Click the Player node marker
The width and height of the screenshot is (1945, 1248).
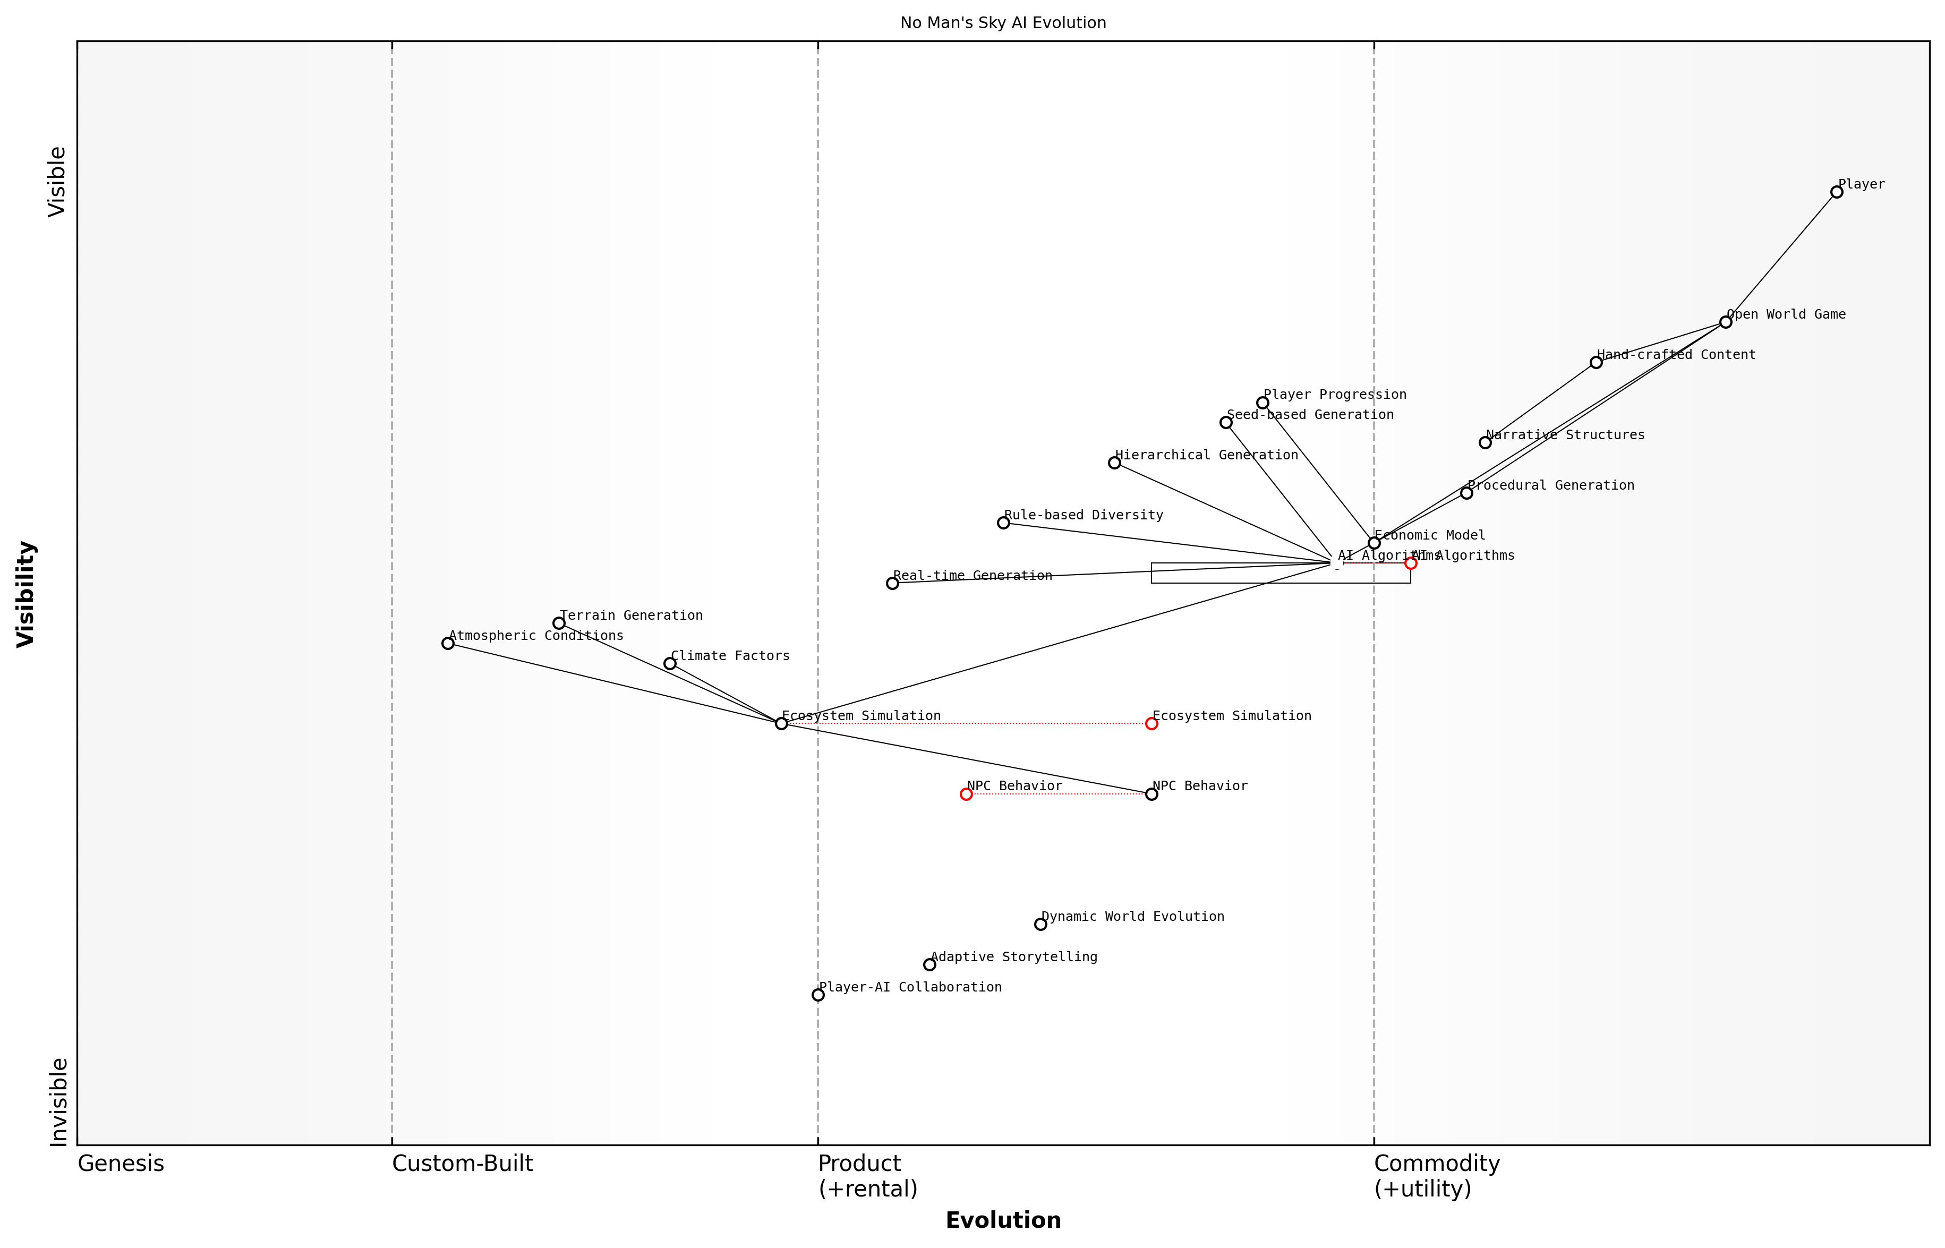pos(1837,192)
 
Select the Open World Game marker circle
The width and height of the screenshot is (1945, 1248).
pos(1725,322)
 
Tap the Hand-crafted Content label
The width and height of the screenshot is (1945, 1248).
pos(1676,355)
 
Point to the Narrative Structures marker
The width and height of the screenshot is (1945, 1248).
pos(1485,442)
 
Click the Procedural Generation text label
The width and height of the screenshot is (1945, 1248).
pos(1550,485)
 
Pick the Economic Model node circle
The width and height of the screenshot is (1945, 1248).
pos(1374,543)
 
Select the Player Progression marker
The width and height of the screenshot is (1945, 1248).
pos(1262,403)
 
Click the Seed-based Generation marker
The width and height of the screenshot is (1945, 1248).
pos(1225,422)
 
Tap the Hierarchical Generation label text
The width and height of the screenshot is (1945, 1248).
pos(1206,456)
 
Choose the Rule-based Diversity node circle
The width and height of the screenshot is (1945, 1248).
pos(1003,523)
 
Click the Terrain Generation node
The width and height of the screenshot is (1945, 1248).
pos(558,623)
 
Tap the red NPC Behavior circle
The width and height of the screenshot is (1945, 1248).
pos(966,794)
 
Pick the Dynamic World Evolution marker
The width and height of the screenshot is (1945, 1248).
pos(1040,925)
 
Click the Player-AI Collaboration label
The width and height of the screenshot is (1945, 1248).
pos(910,987)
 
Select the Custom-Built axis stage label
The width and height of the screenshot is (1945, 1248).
pos(462,1164)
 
